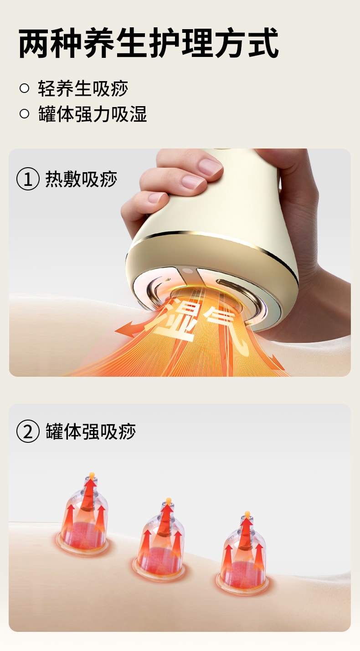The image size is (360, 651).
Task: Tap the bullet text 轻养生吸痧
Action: click(x=83, y=88)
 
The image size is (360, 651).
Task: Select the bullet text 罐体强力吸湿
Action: click(x=93, y=114)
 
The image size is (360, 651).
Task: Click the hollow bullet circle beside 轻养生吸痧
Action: click(x=25, y=88)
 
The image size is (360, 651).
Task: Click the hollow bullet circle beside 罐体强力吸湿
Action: click(x=25, y=114)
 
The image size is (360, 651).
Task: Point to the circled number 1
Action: click(x=28, y=179)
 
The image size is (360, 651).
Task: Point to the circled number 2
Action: click(x=28, y=431)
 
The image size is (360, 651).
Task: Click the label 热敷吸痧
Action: click(x=81, y=179)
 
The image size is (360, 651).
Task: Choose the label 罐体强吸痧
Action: click(x=91, y=431)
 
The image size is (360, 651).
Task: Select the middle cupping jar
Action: click(x=160, y=542)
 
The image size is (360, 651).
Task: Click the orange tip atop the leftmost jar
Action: click(x=92, y=475)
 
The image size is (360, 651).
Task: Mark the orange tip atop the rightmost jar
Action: click(x=247, y=514)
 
